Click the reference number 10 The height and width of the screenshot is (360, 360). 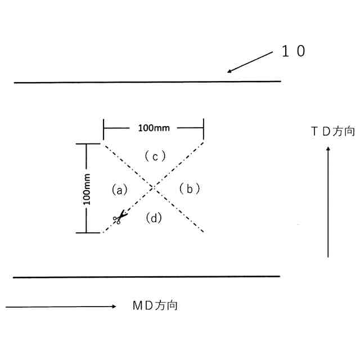293,52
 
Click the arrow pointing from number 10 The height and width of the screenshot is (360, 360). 250,62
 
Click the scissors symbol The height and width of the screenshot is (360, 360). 119,218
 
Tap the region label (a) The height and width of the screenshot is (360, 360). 120,190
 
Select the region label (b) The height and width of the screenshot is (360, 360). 190,189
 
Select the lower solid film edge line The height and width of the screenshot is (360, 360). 146,277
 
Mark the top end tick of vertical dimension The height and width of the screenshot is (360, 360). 85,144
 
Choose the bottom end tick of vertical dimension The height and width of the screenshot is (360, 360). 85,232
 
